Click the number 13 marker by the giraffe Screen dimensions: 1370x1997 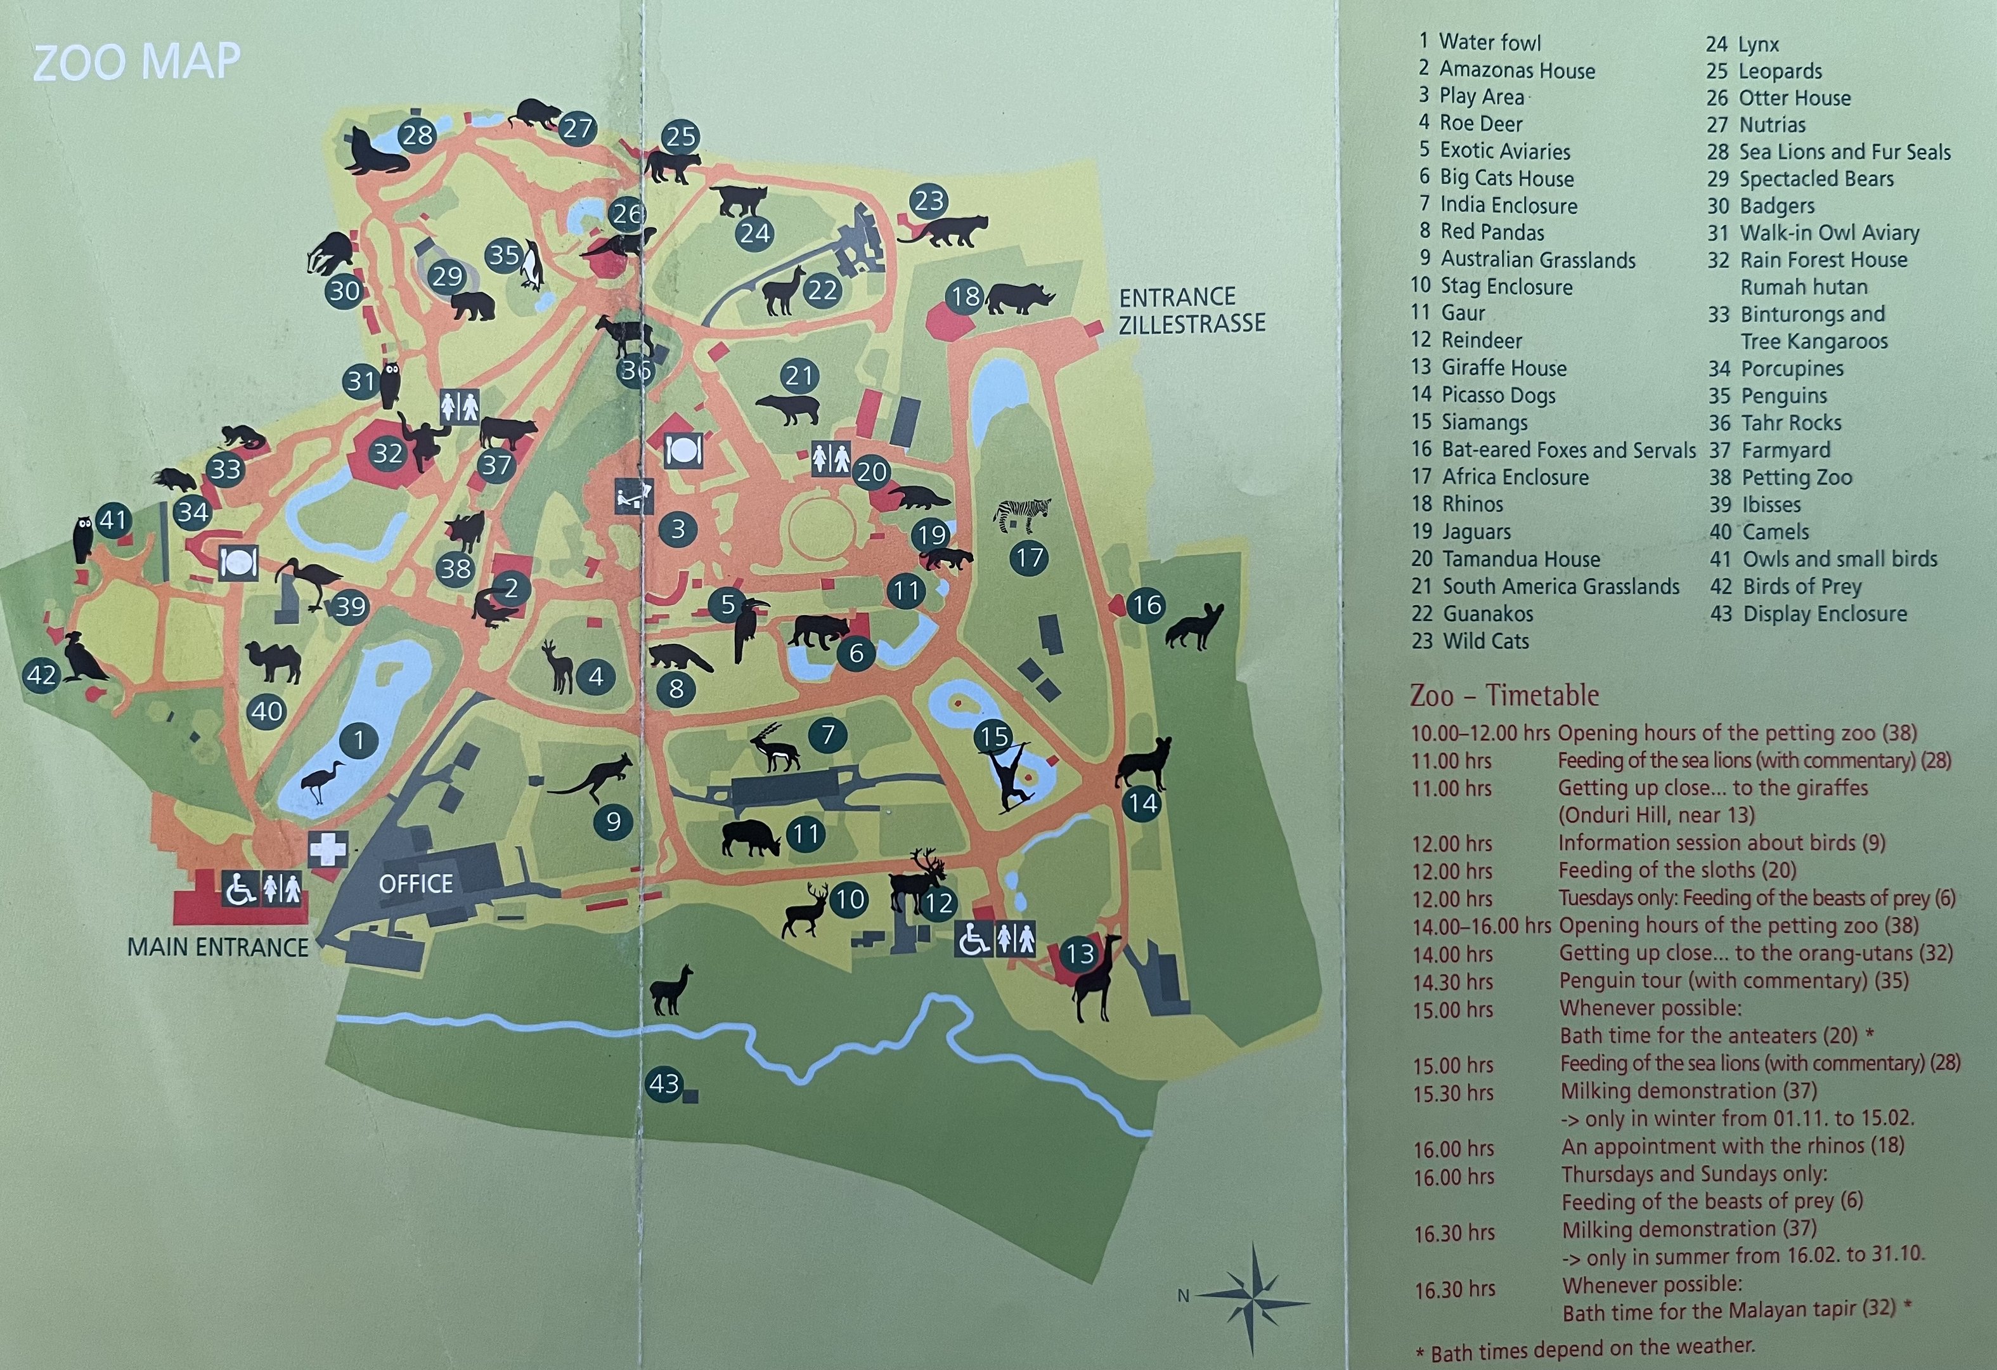pyautogui.click(x=1080, y=953)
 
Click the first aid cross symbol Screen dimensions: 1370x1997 pyautogui.click(x=327, y=849)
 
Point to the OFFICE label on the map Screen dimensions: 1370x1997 pyautogui.click(x=415, y=884)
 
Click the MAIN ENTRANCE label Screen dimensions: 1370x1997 pyautogui.click(x=217, y=947)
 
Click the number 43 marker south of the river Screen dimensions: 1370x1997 pyautogui.click(x=663, y=1084)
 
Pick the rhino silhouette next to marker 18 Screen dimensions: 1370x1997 pyautogui.click(x=1020, y=298)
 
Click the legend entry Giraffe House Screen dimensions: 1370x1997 pyautogui.click(x=1503, y=368)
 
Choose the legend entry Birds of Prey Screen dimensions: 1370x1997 pyautogui.click(x=1801, y=586)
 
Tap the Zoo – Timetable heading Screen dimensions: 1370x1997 pyautogui.click(x=1504, y=695)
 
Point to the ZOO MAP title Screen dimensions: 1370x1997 pyautogui.click(x=137, y=62)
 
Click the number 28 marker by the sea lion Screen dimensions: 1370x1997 pyautogui.click(x=418, y=135)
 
